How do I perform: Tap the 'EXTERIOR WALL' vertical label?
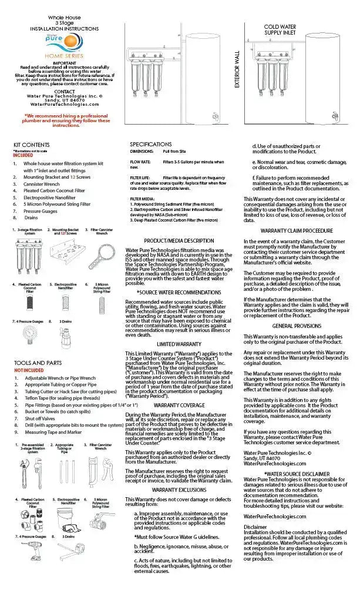(238, 69)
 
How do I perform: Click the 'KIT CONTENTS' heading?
(32, 145)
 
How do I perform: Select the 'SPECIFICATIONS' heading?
(151, 144)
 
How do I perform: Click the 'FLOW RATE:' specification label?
(139, 161)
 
